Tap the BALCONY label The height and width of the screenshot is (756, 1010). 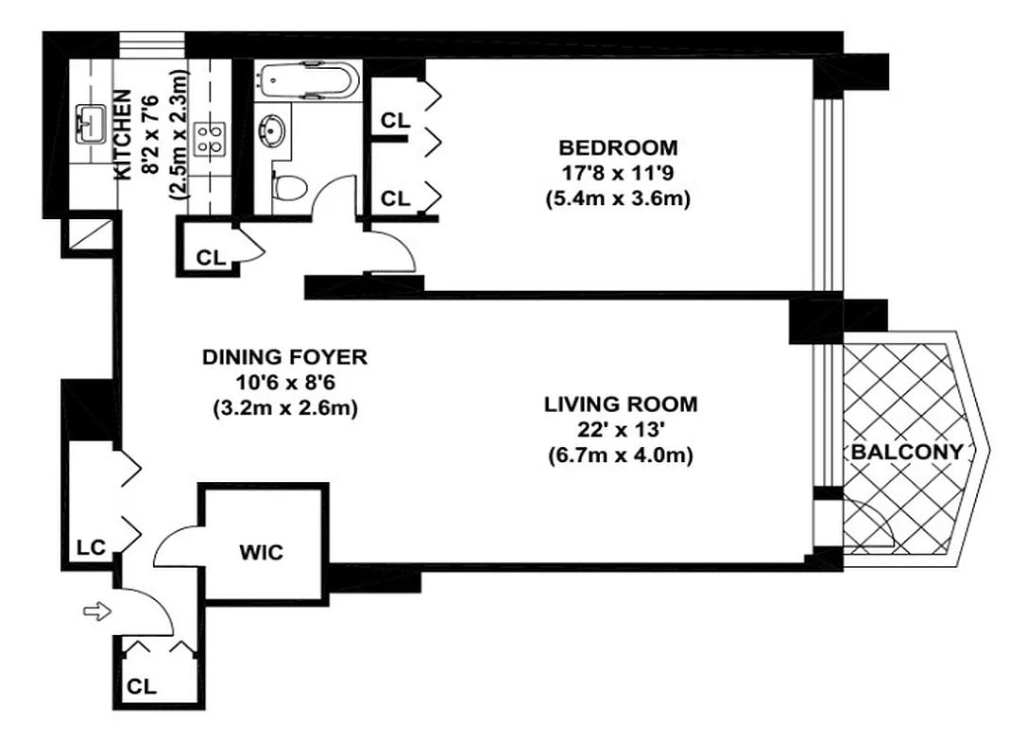point(906,452)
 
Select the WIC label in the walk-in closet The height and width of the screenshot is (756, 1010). point(262,553)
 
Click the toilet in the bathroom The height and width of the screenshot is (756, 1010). point(288,187)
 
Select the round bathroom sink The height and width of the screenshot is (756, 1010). point(274,128)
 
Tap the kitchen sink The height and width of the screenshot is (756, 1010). point(93,122)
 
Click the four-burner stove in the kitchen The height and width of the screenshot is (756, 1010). point(208,140)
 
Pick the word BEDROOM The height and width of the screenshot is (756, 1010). point(618,148)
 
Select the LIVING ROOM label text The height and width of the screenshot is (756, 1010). point(621,404)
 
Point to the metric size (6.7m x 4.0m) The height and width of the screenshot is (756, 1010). point(621,455)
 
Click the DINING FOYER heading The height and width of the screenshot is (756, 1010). point(284,357)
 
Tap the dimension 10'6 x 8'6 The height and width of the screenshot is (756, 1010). point(284,383)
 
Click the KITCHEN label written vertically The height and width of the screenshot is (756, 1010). point(123,134)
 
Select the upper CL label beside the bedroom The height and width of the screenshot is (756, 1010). point(394,120)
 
